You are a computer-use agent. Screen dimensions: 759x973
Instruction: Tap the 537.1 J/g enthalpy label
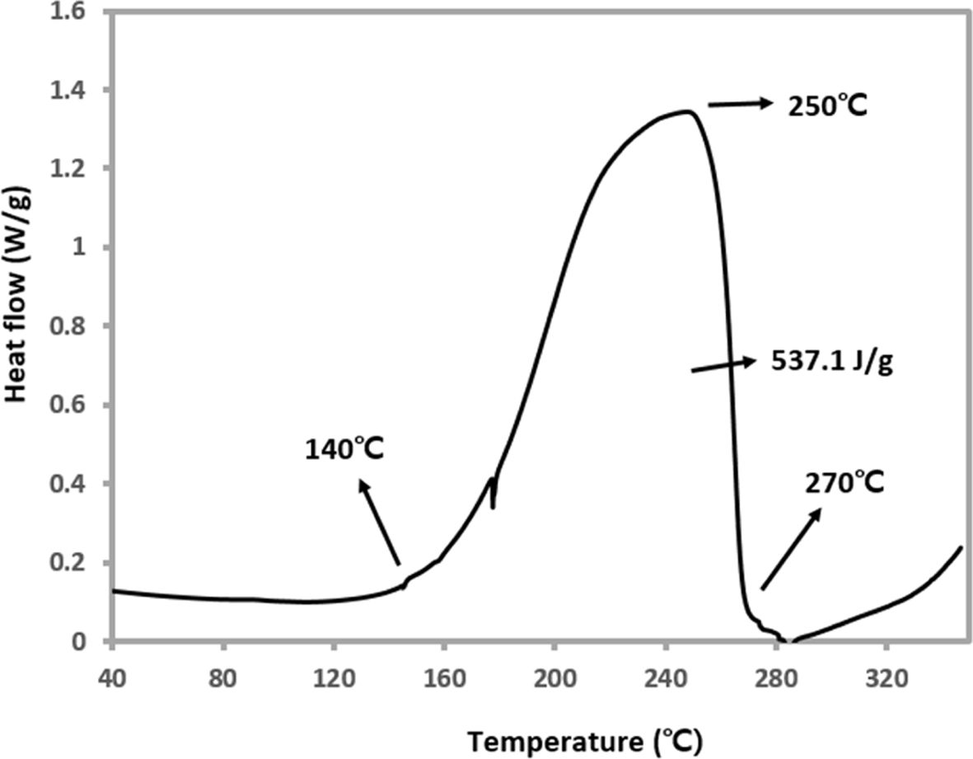[832, 363]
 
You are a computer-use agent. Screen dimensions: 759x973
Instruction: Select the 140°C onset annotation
[344, 450]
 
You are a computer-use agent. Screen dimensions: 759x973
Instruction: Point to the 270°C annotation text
[844, 482]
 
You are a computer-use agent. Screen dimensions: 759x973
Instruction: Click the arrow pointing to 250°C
[740, 104]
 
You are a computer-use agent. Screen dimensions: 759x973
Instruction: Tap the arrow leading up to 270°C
[791, 548]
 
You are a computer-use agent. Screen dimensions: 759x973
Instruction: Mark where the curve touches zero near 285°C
[788, 640]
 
